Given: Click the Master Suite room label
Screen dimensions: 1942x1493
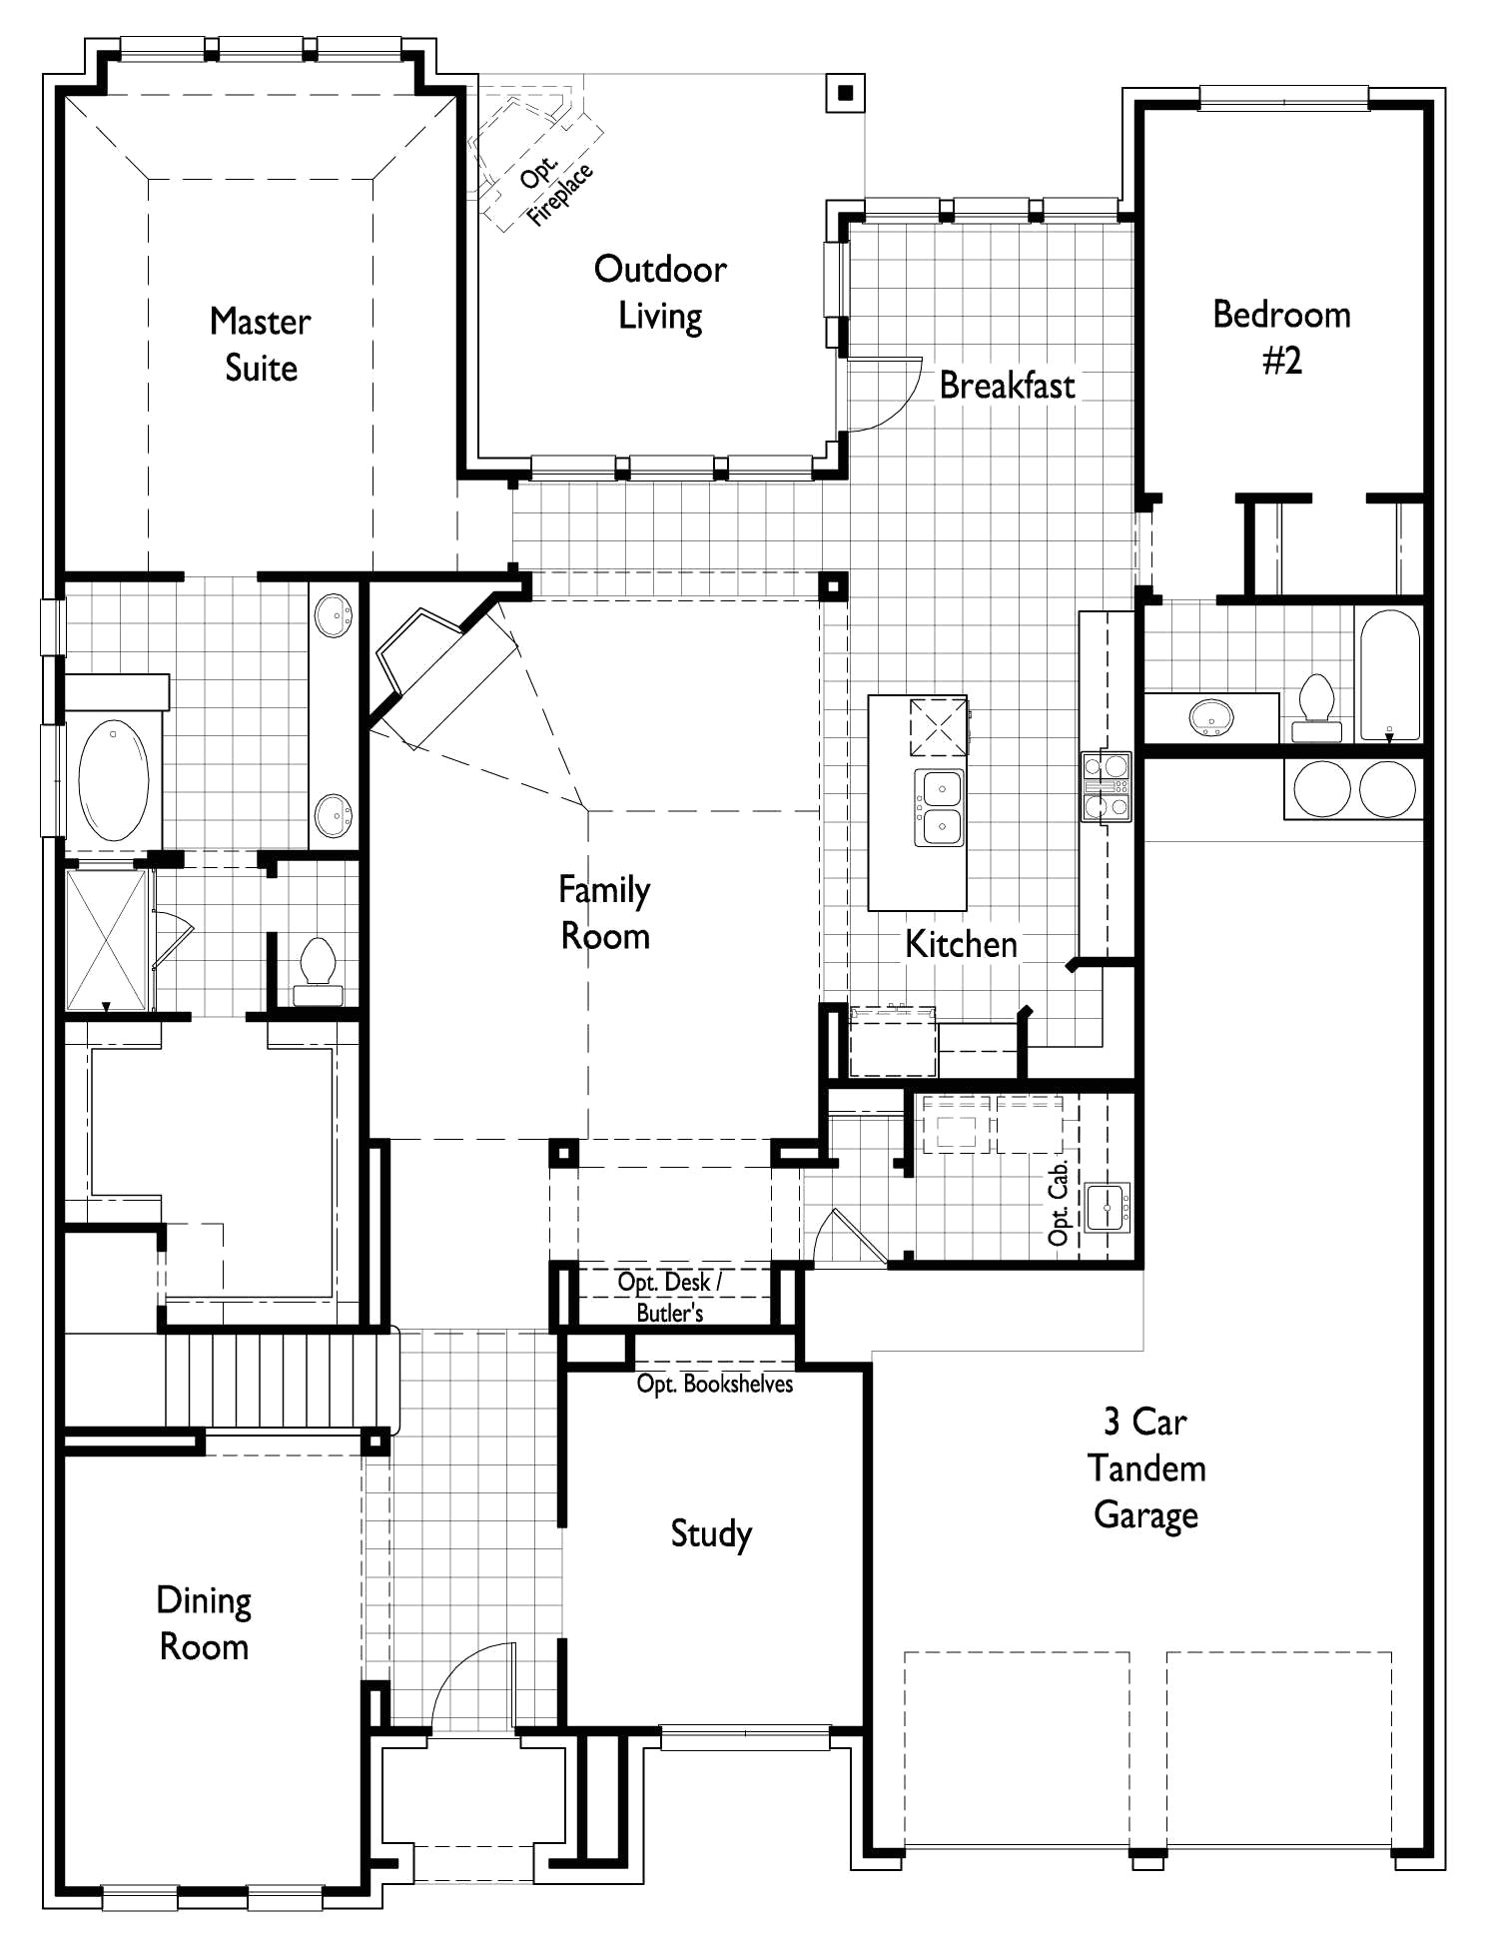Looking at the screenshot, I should coord(260,345).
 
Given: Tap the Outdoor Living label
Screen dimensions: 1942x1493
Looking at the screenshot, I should coord(660,292).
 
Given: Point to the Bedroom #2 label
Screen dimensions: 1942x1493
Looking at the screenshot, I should coord(1281,337).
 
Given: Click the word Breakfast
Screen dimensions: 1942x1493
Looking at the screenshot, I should coord(1007,386).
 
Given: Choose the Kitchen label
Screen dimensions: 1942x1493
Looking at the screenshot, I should coord(961,944).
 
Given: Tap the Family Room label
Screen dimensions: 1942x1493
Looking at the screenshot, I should coord(604,912).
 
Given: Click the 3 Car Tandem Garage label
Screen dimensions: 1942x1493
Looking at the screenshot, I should coord(1145,1467).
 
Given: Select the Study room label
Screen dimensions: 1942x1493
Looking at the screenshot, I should coord(710,1533).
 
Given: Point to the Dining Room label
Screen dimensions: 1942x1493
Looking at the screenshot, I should coord(204,1623).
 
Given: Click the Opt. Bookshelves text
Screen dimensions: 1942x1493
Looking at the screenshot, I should coord(715,1385).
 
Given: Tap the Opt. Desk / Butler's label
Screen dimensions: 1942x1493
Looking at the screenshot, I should coord(669,1297).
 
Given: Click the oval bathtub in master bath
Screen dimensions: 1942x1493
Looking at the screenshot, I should coord(114,779).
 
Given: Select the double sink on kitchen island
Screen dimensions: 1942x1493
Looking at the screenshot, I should coord(940,807).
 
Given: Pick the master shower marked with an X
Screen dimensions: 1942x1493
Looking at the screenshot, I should coord(106,939).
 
